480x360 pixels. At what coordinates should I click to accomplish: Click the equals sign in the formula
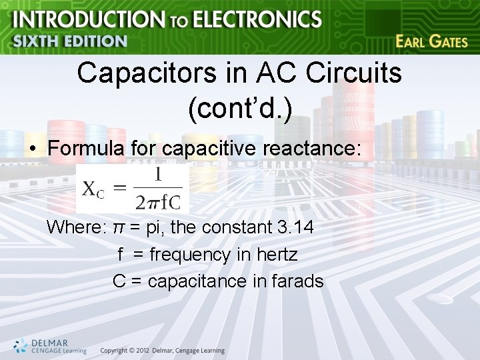[x=119, y=188]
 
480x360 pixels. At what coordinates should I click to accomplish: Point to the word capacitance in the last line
[x=198, y=281]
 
